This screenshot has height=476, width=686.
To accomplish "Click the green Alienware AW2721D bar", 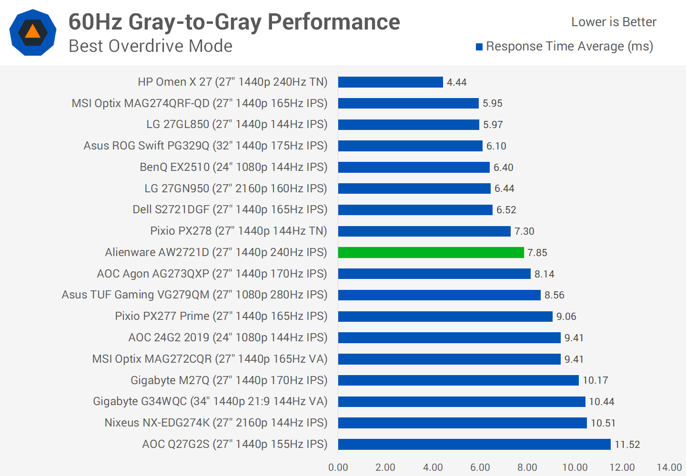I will [x=431, y=252].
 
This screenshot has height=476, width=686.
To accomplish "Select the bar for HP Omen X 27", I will [x=390, y=82].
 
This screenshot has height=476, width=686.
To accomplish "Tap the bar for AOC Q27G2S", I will [x=474, y=444].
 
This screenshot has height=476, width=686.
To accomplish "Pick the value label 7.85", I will [x=537, y=253].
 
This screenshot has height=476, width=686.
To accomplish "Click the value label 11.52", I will [x=627, y=445].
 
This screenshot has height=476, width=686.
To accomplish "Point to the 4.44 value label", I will [x=456, y=82].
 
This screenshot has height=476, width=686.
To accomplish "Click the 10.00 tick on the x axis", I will [x=575, y=467].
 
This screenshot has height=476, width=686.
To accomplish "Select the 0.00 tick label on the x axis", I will [x=338, y=467].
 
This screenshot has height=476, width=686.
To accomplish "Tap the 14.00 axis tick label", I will [x=669, y=467].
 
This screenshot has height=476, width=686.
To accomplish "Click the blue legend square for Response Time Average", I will [x=479, y=47].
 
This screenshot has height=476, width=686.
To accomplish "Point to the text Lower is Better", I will [x=614, y=22].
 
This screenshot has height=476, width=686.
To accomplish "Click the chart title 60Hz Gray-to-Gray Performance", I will [x=234, y=22].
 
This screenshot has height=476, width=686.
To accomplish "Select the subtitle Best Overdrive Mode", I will [x=151, y=46].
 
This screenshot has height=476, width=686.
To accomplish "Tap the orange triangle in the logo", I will [x=32, y=31].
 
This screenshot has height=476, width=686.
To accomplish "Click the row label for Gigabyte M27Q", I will [x=229, y=380].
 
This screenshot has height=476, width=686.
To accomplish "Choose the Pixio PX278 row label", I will [x=238, y=231].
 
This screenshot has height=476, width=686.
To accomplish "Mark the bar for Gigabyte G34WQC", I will [x=461, y=402].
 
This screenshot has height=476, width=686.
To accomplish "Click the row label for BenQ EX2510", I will [x=233, y=167].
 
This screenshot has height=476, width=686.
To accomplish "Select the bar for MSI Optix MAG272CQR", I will [x=449, y=359].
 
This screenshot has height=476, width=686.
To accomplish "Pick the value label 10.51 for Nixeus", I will [x=603, y=423].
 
